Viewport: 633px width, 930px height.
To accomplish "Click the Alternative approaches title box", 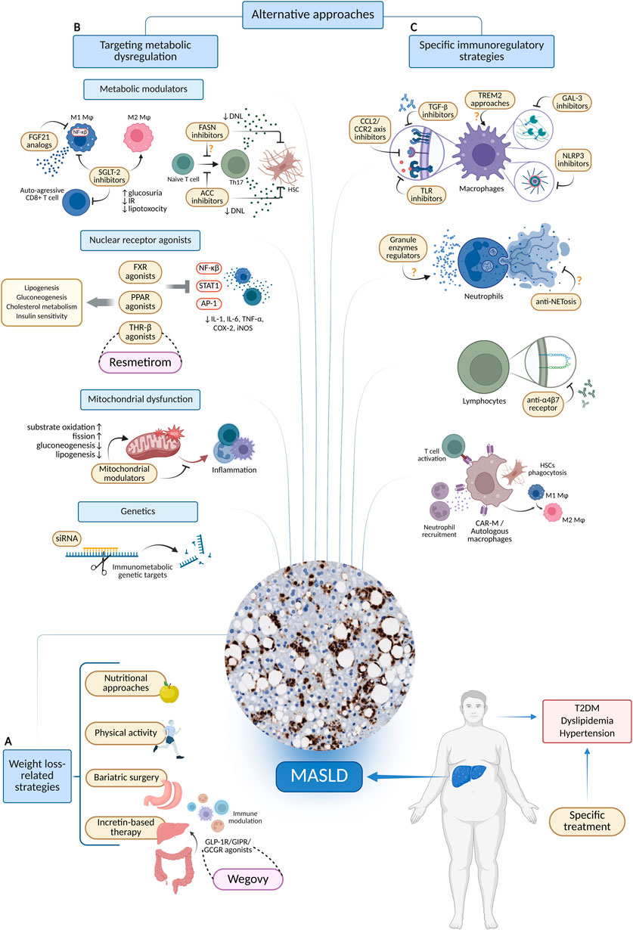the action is coord(312,14).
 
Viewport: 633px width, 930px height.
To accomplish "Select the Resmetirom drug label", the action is coord(140,362).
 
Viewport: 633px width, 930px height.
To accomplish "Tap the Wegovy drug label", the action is coord(248,879).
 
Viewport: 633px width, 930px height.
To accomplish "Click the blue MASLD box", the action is coord(319,777).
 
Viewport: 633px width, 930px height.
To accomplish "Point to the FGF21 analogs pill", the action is coord(39,141).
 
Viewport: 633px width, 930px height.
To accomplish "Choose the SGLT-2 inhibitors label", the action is coord(109,176).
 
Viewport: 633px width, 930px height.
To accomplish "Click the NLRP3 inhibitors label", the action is coord(573,160).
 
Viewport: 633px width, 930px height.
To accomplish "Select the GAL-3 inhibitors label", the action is coord(572,102).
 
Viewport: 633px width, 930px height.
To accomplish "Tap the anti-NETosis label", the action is coord(556,302).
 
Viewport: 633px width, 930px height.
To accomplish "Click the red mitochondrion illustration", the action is coord(154,442).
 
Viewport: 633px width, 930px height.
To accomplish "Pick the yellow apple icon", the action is coord(169,692).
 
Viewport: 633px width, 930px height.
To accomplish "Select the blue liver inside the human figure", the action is coord(469,776).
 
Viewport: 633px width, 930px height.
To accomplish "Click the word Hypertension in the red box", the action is coord(587,733).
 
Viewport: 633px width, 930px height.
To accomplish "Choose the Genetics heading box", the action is coord(138,511).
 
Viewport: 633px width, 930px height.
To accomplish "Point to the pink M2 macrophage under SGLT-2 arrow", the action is coord(138,137).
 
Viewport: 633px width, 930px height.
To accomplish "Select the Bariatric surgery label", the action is coord(126,777).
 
